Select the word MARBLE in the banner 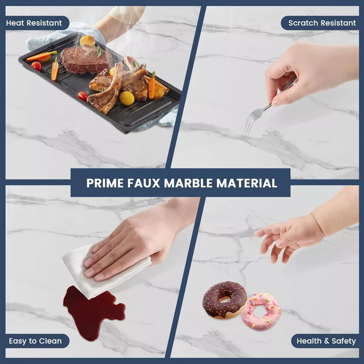point(188,183)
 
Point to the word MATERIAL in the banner point(247,183)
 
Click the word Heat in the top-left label point(15,23)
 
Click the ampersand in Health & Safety point(327,341)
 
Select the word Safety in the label point(344,341)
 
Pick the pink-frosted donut point(261,311)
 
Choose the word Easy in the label point(17,341)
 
